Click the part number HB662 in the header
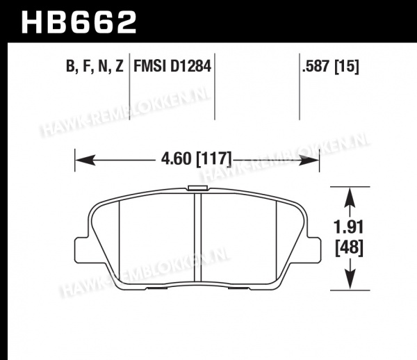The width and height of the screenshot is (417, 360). click(x=79, y=22)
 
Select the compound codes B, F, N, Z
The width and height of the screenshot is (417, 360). click(x=95, y=66)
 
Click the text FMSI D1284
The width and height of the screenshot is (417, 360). click(x=172, y=66)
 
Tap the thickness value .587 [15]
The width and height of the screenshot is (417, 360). click(x=331, y=66)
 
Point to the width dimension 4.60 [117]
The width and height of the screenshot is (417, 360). click(x=196, y=158)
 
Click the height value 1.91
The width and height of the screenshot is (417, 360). click(x=349, y=227)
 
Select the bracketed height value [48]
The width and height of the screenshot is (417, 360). click(x=349, y=248)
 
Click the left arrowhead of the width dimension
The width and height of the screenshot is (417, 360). click(x=85, y=160)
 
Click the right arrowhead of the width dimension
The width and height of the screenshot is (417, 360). click(x=309, y=160)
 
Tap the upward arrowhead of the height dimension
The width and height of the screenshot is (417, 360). click(x=350, y=197)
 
